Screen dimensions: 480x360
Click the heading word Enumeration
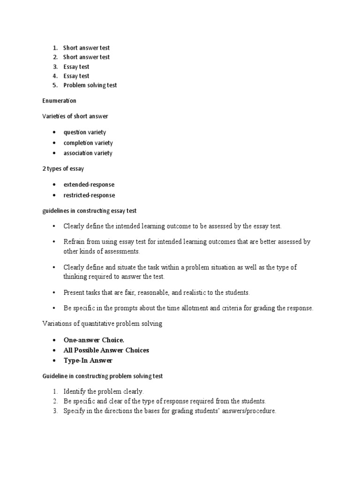tap(59, 101)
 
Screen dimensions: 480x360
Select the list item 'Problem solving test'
tap(90, 85)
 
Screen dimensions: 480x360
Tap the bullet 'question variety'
tap(85, 132)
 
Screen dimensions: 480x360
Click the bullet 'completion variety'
tap(88, 142)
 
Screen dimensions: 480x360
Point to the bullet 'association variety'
tap(88, 153)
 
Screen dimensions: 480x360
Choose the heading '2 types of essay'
tap(63, 169)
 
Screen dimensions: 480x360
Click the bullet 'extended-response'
tap(89, 185)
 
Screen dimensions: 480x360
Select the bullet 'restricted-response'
tap(89, 195)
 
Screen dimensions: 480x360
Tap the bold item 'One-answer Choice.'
tap(94, 340)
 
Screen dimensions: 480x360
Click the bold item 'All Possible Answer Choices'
tap(106, 350)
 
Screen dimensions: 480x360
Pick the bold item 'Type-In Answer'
tap(88, 360)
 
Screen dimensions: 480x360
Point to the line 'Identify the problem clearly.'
tap(104, 391)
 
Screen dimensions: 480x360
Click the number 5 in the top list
tap(54, 85)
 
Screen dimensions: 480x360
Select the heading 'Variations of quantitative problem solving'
tap(102, 324)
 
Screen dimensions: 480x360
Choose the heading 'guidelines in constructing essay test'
tap(89, 211)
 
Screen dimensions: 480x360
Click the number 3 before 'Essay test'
tap(54, 67)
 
